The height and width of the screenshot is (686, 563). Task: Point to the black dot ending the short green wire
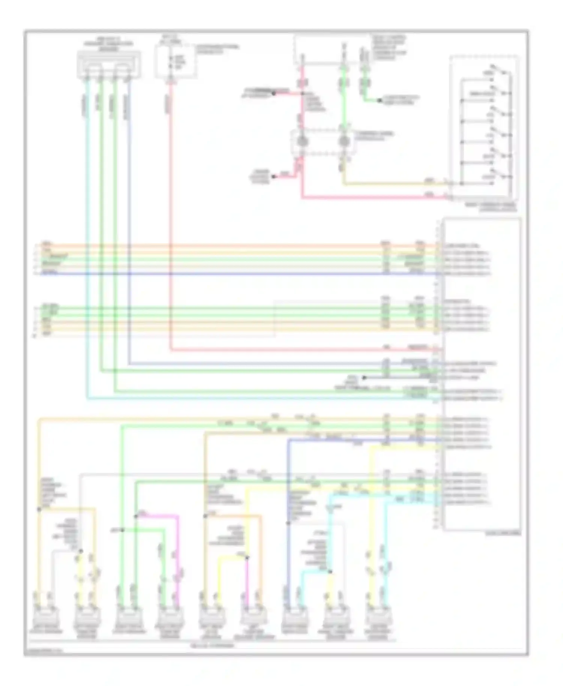(380, 101)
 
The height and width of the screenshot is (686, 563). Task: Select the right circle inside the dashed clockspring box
(343, 142)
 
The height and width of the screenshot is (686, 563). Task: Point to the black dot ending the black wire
(363, 378)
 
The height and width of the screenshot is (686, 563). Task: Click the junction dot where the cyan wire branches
(330, 572)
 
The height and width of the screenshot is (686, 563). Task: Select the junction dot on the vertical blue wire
(288, 523)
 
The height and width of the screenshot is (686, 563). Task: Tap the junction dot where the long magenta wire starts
(136, 516)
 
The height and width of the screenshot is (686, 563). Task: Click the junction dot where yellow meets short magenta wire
(247, 558)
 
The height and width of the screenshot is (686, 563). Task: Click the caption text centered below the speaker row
(212, 646)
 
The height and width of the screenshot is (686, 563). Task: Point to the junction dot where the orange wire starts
(205, 516)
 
